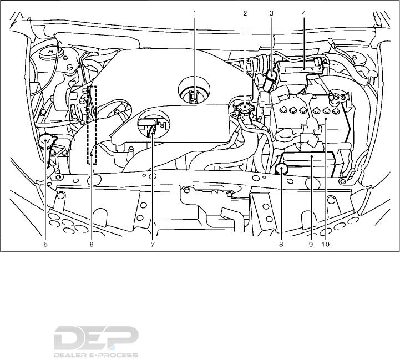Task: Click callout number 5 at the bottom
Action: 45,243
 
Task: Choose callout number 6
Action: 92,243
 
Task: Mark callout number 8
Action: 281,243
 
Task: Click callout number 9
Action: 311,243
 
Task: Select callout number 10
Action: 326,243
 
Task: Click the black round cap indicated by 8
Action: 282,170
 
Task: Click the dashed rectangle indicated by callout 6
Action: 92,124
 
